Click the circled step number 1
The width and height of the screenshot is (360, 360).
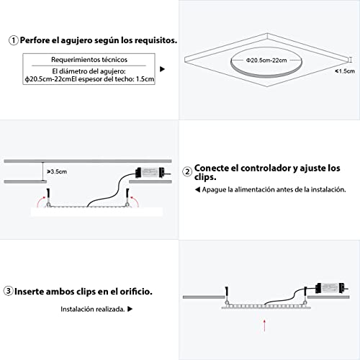click(14, 40)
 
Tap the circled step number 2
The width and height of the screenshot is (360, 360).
click(187, 172)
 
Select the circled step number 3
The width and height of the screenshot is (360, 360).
click(9, 291)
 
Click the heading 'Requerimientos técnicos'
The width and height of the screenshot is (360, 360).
click(89, 60)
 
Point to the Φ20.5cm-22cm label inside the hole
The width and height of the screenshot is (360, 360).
click(266, 60)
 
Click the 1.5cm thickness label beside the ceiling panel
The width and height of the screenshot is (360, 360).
click(345, 71)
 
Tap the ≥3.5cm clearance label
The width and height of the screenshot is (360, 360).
click(57, 171)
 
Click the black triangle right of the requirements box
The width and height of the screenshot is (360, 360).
click(163, 69)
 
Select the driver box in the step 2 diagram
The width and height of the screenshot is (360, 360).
click(150, 172)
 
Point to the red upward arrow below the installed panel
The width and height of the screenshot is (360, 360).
click(264, 325)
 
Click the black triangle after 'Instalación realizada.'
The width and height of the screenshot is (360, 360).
click(130, 309)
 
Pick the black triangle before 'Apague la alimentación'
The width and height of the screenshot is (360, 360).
click(197, 189)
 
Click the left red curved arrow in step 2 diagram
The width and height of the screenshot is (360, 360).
click(40, 201)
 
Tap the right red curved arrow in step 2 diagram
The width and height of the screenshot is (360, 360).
click(135, 201)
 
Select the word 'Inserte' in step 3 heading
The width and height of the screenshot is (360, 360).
click(29, 292)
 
